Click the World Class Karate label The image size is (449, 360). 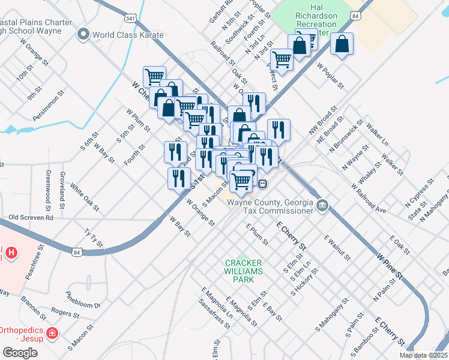(x=128, y=35)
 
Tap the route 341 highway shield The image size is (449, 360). (x=130, y=18)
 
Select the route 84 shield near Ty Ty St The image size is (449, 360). (x=76, y=253)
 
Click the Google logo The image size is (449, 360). (x=19, y=353)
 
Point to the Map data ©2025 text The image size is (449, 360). (x=423, y=355)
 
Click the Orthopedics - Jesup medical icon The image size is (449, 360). (x=52, y=332)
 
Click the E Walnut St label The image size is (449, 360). (x=337, y=247)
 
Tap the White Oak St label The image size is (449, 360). (x=84, y=197)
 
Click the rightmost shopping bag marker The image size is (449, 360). (x=342, y=44)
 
